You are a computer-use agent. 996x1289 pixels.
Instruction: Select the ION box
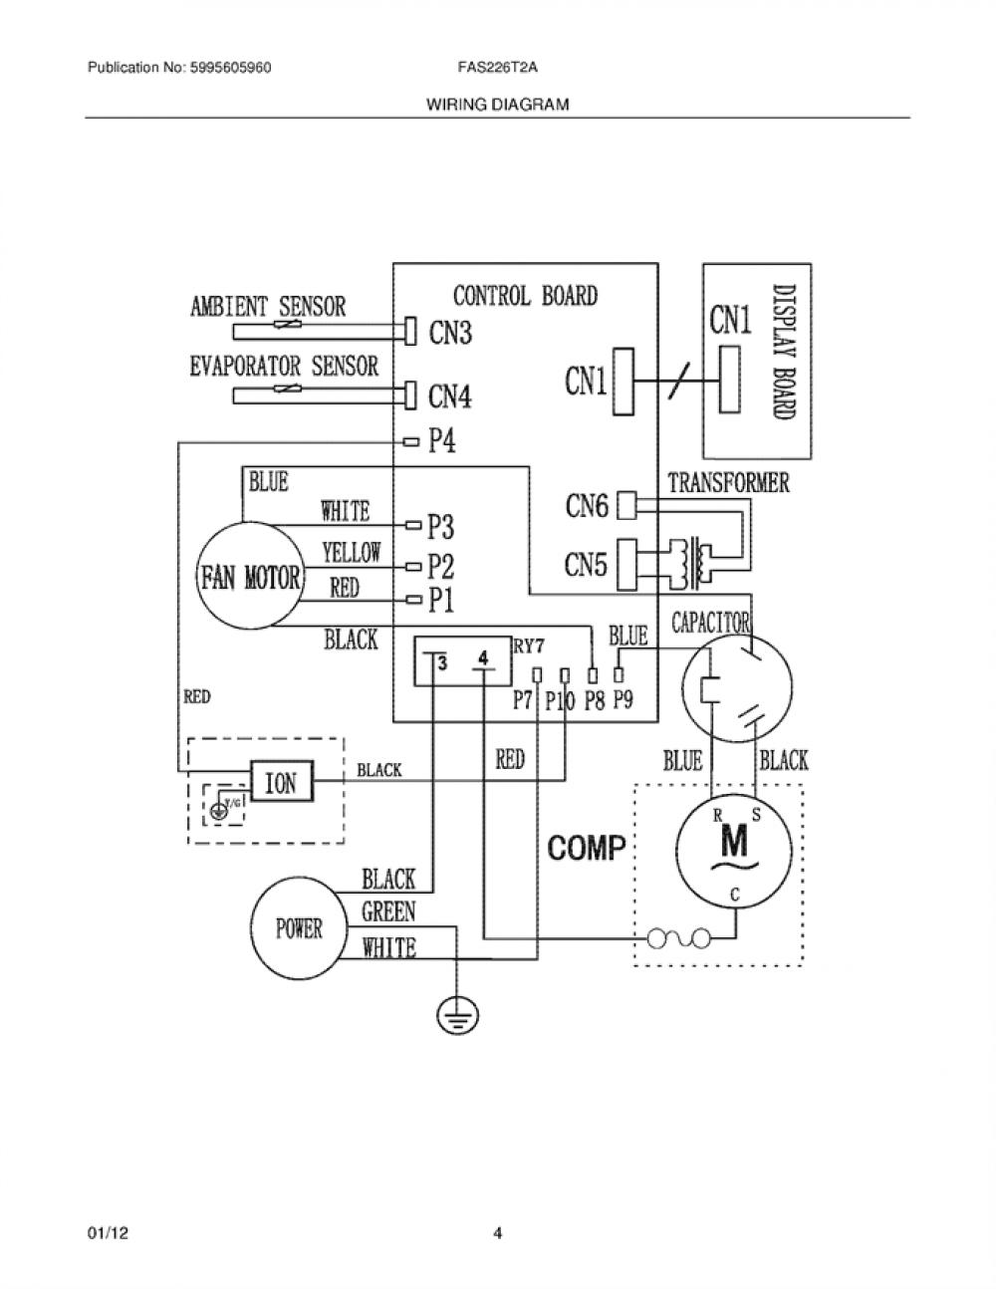(x=281, y=782)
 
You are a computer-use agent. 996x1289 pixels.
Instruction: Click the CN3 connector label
(x=450, y=332)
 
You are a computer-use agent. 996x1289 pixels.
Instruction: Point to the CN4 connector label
(x=450, y=396)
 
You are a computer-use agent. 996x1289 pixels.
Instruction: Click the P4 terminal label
(x=442, y=440)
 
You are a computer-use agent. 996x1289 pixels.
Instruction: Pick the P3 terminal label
(x=441, y=527)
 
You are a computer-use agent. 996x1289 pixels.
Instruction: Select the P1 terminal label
(x=441, y=601)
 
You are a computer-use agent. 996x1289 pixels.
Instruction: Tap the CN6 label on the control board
(x=587, y=506)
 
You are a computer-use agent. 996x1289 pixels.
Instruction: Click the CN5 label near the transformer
(x=586, y=565)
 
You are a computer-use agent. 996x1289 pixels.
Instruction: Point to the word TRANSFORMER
(x=729, y=483)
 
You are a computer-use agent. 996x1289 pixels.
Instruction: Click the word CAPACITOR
(x=711, y=623)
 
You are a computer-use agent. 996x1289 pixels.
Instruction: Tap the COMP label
(x=587, y=848)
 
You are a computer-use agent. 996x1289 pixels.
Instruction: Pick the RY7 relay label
(x=528, y=645)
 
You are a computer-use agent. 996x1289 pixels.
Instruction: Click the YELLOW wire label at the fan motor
(x=352, y=552)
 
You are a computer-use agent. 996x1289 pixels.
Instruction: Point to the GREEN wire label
(x=388, y=911)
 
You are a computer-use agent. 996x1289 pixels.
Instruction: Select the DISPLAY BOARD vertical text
(x=785, y=352)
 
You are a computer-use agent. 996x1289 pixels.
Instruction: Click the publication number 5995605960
(x=231, y=68)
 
